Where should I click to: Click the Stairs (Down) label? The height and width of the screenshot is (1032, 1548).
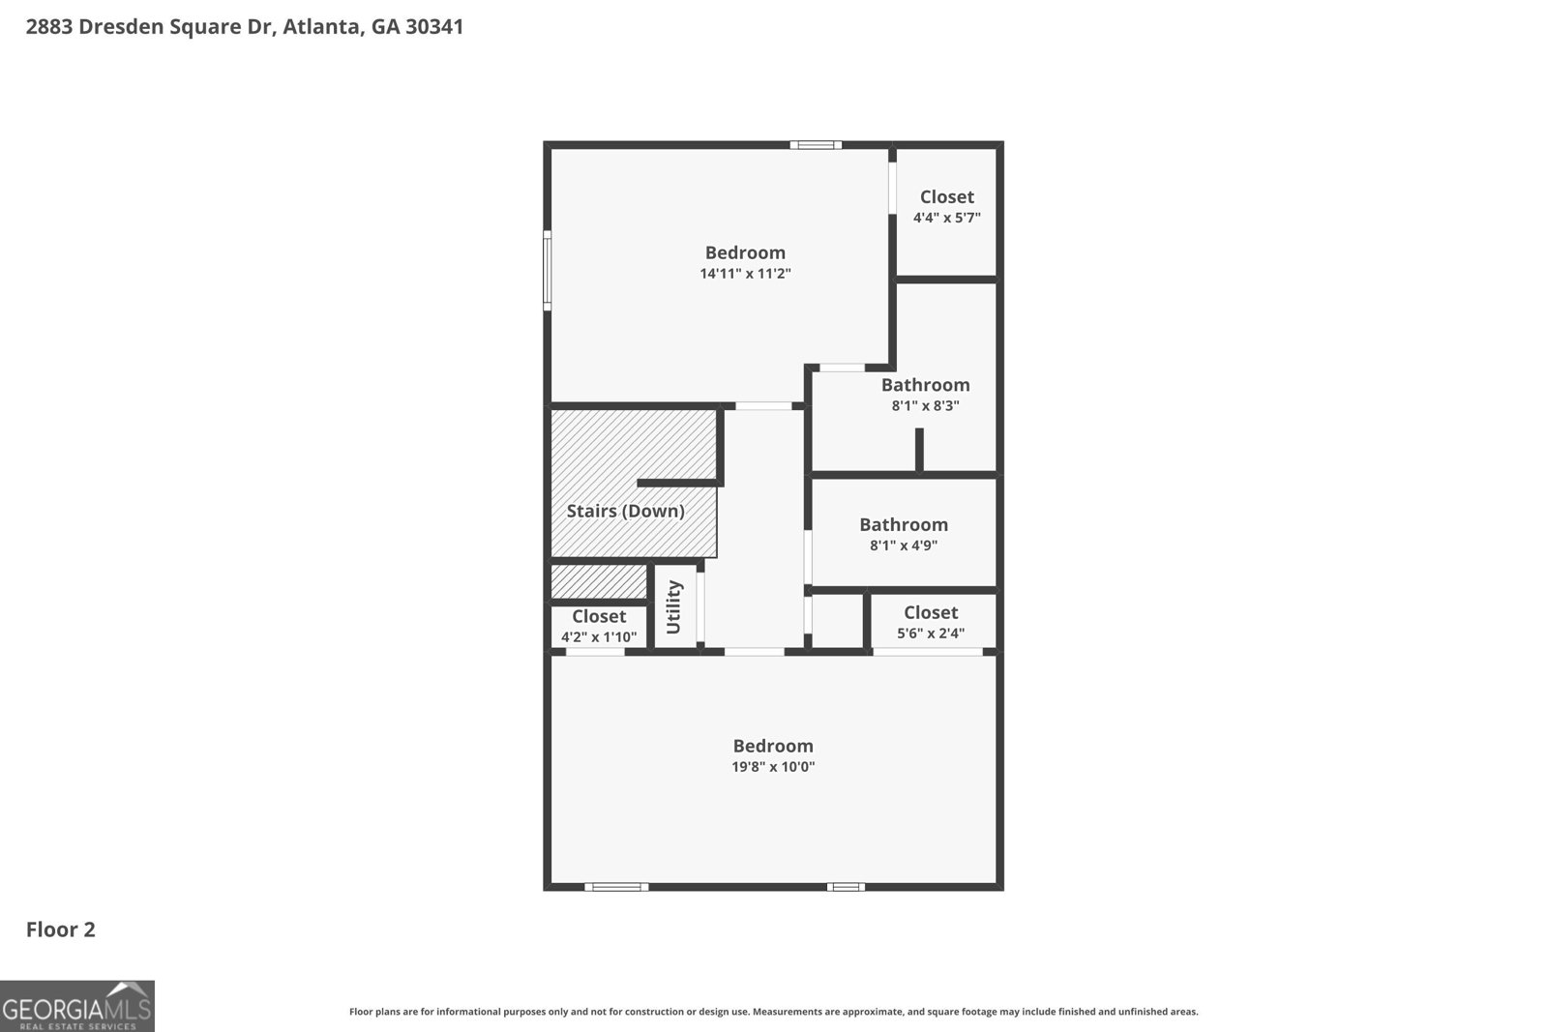point(625,511)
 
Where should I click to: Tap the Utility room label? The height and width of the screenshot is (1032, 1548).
point(674,607)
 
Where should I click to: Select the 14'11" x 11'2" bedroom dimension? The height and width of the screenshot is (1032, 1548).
point(745,274)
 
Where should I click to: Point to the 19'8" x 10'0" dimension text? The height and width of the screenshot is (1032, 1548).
point(773,767)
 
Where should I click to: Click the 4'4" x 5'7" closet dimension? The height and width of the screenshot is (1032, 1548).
point(946,218)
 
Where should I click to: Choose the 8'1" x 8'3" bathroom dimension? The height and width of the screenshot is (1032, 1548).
point(925,406)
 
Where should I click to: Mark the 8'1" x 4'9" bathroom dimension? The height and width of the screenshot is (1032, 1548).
point(904,545)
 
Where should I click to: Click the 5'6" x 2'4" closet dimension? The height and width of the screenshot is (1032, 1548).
point(931,634)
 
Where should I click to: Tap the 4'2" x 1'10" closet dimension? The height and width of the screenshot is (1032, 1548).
point(599,637)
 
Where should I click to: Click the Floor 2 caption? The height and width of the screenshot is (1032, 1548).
point(60,929)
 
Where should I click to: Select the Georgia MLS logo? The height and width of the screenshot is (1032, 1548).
point(76,1007)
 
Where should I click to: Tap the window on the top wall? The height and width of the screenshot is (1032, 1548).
point(815,145)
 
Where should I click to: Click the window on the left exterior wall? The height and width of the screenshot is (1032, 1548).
point(547,270)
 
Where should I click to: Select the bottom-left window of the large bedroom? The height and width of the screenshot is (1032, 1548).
point(615,886)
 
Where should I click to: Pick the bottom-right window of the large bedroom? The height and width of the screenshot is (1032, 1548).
point(846,886)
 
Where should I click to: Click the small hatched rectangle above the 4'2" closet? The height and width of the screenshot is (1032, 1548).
point(598,582)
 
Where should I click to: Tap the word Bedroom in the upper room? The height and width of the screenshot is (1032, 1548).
point(745,252)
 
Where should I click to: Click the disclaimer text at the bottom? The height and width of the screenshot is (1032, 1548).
point(773,1012)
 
